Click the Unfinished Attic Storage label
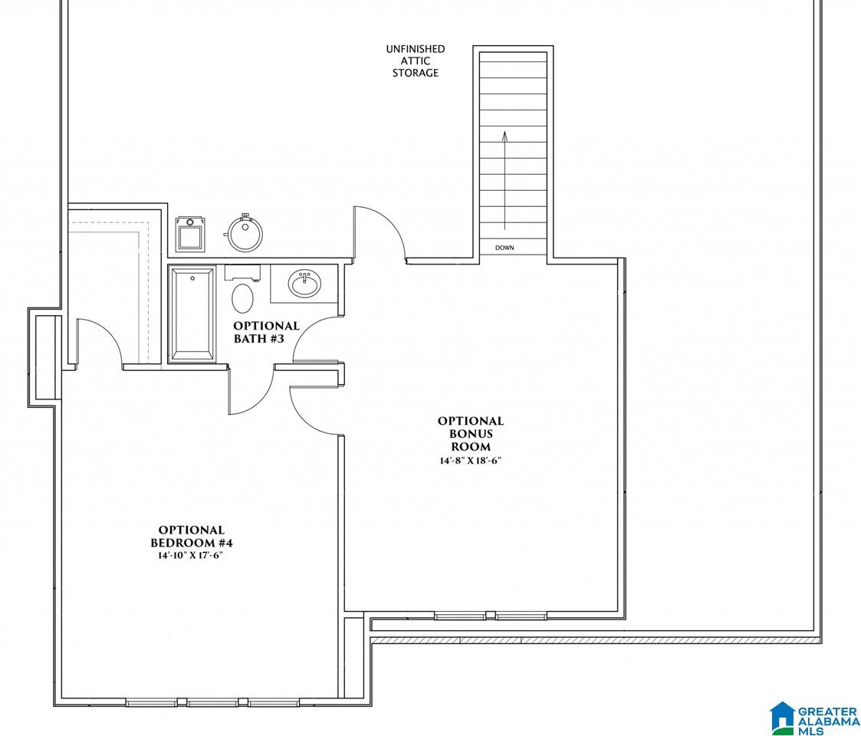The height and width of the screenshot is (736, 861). (x=415, y=61)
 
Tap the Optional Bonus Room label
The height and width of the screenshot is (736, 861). (x=471, y=433)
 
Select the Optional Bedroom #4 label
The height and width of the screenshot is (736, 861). (x=192, y=537)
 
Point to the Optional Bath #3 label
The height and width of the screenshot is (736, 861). (x=266, y=332)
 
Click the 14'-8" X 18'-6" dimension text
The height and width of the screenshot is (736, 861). (x=471, y=460)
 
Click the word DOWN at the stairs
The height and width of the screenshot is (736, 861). (x=504, y=248)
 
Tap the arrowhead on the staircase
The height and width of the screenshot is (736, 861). (x=504, y=136)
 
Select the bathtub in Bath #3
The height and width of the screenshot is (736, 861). (x=192, y=314)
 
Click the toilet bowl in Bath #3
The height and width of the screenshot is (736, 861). (x=243, y=297)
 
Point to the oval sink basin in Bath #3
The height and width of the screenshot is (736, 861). (x=304, y=284)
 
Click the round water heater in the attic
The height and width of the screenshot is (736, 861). (x=245, y=233)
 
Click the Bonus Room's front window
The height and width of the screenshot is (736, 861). (x=490, y=615)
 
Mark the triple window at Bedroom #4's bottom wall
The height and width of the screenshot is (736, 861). (x=212, y=702)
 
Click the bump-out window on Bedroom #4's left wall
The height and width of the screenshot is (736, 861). (x=44, y=357)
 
